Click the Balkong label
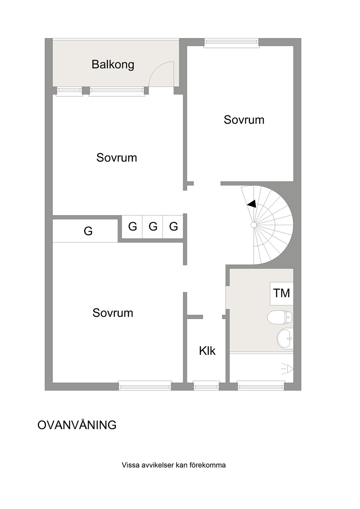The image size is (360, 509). click(113, 65)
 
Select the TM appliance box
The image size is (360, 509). click(282, 294)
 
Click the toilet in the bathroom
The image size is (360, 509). click(280, 317)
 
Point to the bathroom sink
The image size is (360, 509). click(285, 338)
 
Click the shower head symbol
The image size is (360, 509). click(288, 369)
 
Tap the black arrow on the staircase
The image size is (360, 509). click(252, 204)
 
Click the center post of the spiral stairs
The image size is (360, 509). click(254, 225)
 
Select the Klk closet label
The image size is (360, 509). click(207, 351)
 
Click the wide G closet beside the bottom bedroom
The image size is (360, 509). click(85, 231)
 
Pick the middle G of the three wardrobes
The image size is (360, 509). click(153, 226)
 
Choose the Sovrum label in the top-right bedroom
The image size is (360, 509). click(244, 120)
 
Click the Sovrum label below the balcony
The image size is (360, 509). click(116, 158)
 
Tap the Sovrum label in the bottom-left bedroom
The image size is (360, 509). click(113, 313)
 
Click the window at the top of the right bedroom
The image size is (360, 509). click(232, 43)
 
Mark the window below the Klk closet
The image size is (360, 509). click(206, 385)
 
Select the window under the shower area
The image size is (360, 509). click(261, 385)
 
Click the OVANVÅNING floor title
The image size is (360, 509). click(77, 425)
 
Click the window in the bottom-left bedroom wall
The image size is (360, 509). click(145, 385)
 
